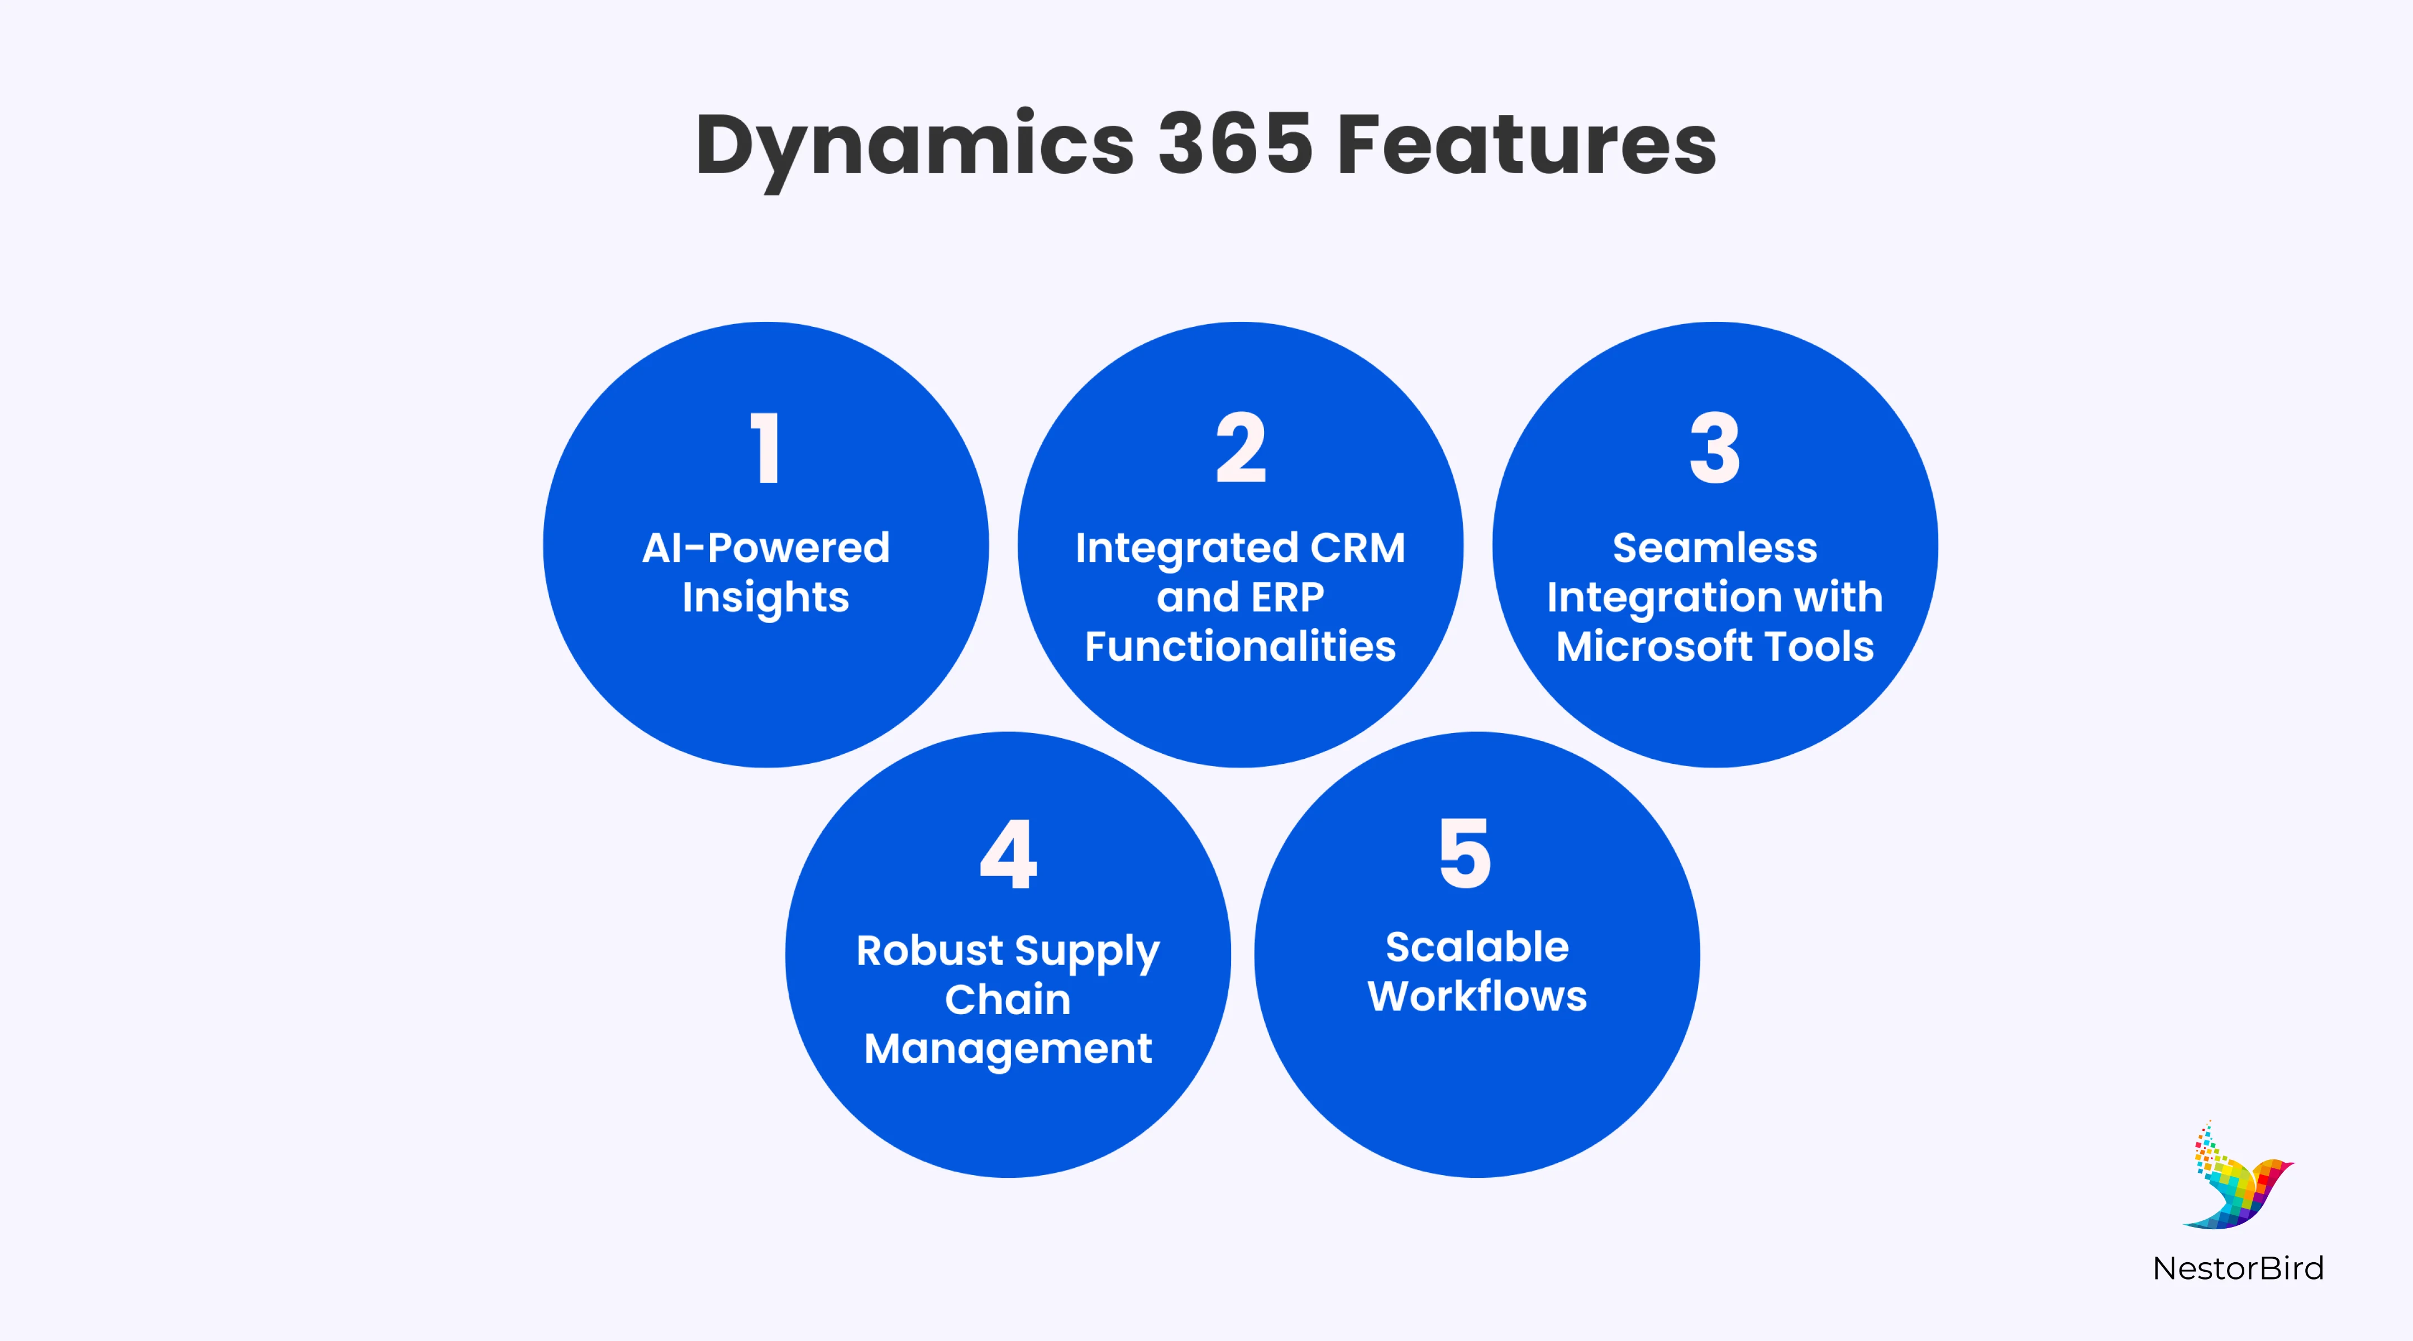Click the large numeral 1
click(x=766, y=448)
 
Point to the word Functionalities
click(x=1240, y=646)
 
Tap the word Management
click(x=1008, y=1049)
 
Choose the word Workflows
click(x=1477, y=996)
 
